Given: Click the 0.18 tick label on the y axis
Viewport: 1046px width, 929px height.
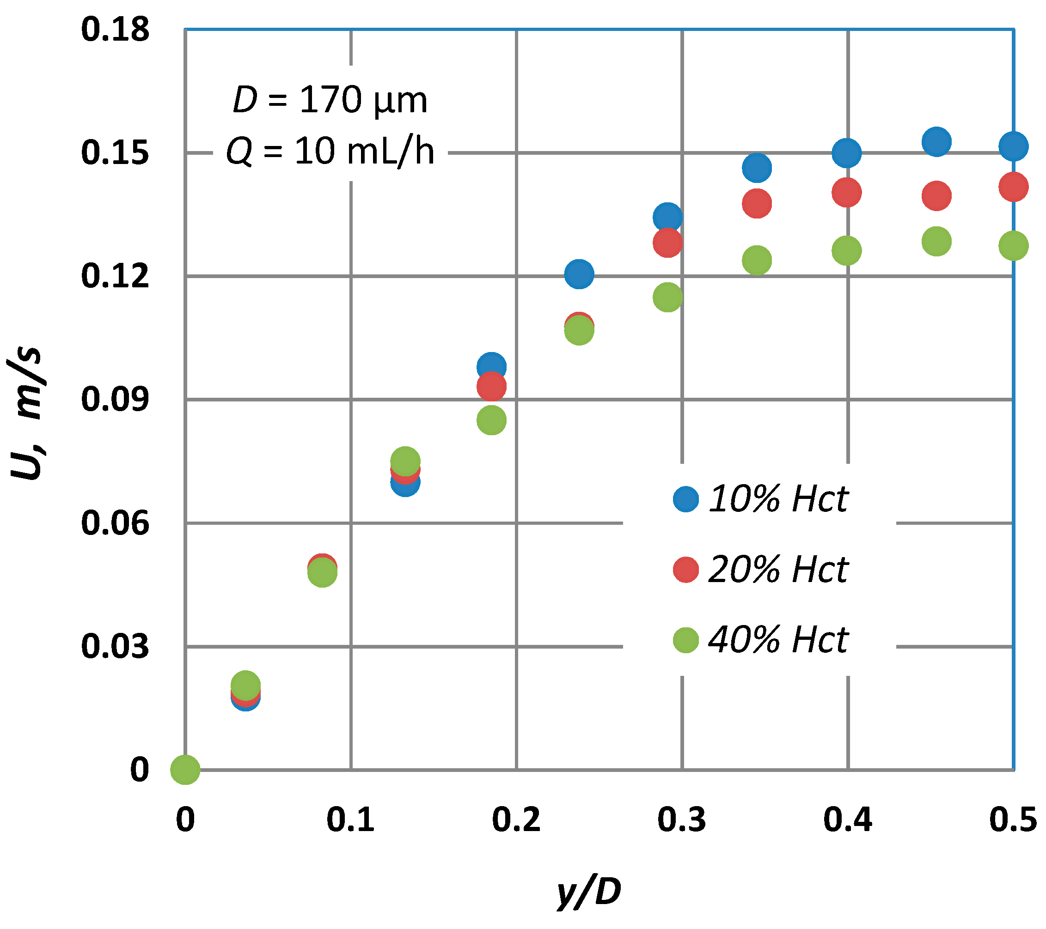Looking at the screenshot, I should tap(115, 29).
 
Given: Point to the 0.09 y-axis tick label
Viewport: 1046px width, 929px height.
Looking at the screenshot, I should tap(115, 399).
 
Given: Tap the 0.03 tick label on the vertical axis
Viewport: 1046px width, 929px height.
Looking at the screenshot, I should tap(115, 646).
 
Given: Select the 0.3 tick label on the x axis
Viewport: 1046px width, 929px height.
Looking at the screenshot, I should tap(682, 820).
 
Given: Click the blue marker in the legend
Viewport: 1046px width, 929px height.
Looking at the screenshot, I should tap(686, 499).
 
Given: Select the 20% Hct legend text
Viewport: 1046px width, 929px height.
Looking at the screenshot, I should tap(778, 570).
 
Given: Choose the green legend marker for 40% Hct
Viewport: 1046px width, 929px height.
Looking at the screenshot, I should tap(686, 640).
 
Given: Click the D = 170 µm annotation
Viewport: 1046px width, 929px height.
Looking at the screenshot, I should tap(330, 100).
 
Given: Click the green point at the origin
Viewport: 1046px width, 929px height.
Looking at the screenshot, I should tap(185, 769).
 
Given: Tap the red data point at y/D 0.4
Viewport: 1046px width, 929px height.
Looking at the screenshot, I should tap(846, 192).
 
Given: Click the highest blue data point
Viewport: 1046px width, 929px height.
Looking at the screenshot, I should tap(936, 141).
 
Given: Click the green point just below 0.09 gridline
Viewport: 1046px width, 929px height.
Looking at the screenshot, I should tap(491, 420).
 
